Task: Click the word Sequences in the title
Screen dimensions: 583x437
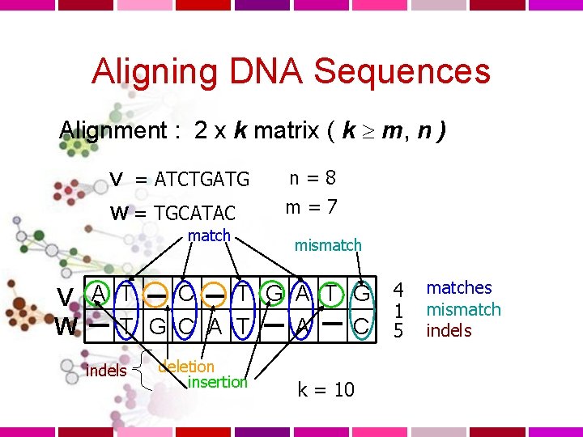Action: (402, 71)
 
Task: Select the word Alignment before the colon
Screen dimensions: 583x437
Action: (112, 129)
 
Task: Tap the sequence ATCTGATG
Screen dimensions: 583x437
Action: (202, 178)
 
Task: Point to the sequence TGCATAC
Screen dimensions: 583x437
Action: (195, 214)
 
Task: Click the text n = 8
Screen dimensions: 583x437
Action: (313, 177)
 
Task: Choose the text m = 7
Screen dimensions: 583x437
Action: (312, 206)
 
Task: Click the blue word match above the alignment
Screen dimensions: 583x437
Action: (209, 235)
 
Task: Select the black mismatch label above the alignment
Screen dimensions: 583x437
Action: (328, 244)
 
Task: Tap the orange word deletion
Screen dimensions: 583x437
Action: (185, 366)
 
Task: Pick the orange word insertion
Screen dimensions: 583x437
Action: (216, 382)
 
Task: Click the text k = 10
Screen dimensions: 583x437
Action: (326, 390)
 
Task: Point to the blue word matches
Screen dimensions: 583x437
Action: (459, 287)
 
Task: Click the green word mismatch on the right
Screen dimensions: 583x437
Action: (463, 309)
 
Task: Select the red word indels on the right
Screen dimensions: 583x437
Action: (449, 330)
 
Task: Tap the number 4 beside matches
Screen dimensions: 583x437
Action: (398, 289)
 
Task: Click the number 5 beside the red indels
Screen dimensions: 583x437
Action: (398, 330)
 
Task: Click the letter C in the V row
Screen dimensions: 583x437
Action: (186, 293)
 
